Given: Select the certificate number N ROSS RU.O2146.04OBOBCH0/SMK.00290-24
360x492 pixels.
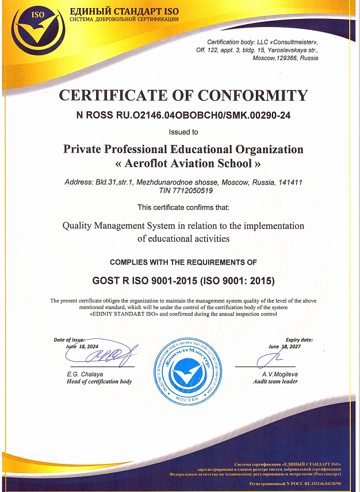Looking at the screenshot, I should (x=183, y=115).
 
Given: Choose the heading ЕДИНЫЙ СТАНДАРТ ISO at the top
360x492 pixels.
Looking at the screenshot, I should (x=124, y=12).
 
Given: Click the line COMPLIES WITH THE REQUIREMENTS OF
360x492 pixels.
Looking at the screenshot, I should (x=183, y=262).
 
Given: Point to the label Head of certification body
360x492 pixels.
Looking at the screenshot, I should (x=99, y=382).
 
